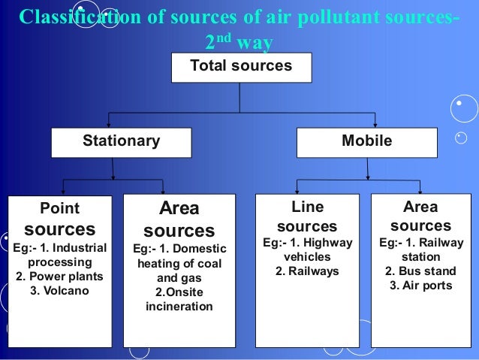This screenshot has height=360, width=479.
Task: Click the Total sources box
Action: (x=240, y=66)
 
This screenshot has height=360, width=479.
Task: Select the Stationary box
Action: (x=121, y=141)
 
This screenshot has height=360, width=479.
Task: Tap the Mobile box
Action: (x=366, y=141)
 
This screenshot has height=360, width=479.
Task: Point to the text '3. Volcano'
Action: (x=59, y=289)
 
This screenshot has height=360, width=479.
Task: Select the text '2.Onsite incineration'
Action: (x=179, y=299)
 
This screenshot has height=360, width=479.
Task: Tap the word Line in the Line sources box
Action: (x=307, y=207)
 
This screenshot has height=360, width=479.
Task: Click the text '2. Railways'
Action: (x=307, y=271)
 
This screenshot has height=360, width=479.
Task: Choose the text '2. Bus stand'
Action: (x=420, y=271)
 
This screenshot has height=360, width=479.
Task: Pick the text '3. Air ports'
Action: (x=420, y=285)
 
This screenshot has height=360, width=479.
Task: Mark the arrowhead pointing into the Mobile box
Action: (x=366, y=124)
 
